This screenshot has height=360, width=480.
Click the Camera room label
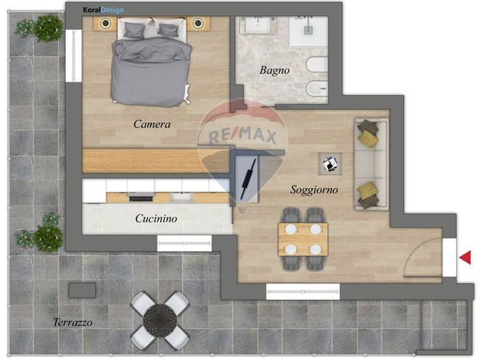(x=152, y=124)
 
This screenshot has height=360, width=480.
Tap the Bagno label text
(x=274, y=70)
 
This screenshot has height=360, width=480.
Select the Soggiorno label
(x=314, y=190)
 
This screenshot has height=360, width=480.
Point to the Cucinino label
(x=156, y=218)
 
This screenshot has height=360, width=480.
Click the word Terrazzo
(x=73, y=322)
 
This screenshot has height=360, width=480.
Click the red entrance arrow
(x=465, y=258)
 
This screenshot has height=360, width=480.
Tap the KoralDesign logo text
(x=103, y=10)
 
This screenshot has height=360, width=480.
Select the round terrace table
(x=160, y=320)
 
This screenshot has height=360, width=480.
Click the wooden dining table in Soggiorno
(x=302, y=239)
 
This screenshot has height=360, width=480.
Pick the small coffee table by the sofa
(x=330, y=164)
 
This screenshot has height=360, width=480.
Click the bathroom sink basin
(x=258, y=25)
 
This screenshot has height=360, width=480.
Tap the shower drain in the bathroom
(x=308, y=30)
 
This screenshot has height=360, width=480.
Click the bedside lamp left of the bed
(x=106, y=23)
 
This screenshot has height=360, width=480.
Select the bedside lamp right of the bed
(x=198, y=22)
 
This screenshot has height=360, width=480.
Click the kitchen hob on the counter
(x=141, y=198)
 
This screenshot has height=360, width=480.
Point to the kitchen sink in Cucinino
(x=182, y=197)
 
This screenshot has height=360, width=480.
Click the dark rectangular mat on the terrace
(x=82, y=290)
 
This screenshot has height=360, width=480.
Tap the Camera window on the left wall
(x=74, y=56)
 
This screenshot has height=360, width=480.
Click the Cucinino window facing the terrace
(x=184, y=243)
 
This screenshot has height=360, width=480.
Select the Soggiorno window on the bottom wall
(x=303, y=291)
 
